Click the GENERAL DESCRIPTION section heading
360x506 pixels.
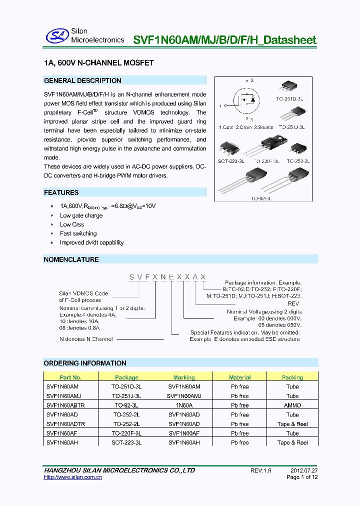pos(82,80)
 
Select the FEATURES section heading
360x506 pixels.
pos(61,192)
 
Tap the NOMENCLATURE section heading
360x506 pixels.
pos(71,259)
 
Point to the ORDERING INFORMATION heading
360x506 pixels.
pos(85,363)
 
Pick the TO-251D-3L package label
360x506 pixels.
pos(290,99)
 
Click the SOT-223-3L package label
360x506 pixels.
pos(231,161)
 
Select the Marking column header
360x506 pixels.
pos(184,377)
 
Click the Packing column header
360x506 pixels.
pos(292,377)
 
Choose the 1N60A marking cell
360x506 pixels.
pos(184,405)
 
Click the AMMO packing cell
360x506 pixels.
pos(292,405)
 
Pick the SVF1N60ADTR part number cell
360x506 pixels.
pos(65,424)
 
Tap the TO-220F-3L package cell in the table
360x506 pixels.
pos(126,433)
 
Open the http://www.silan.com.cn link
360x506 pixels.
pos(73,477)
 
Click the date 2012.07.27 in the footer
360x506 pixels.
pos(304,470)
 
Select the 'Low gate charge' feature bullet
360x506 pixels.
pos(81,215)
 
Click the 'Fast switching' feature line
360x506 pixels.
pos(78,233)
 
